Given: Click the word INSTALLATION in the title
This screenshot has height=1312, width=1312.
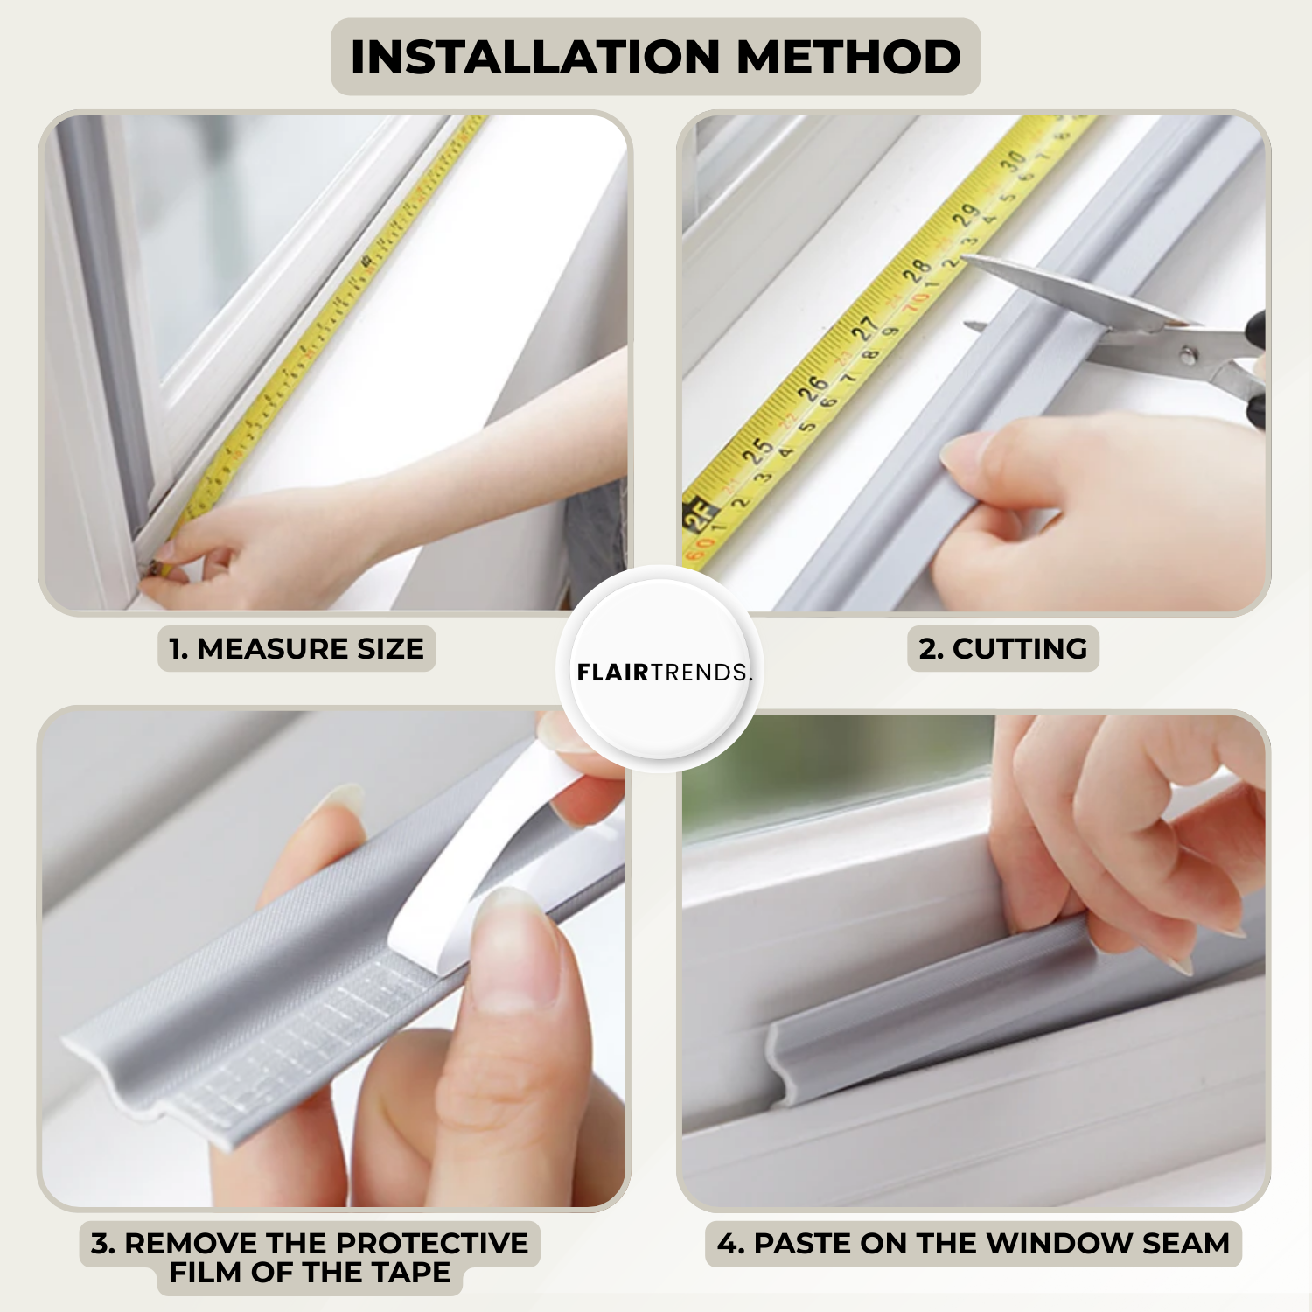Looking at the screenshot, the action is click(x=534, y=58).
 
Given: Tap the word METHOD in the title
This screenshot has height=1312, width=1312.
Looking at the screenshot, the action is click(x=848, y=58).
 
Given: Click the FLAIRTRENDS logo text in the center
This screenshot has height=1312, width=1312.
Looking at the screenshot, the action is click(x=664, y=672).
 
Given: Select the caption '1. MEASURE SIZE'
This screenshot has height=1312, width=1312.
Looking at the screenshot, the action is click(x=297, y=649).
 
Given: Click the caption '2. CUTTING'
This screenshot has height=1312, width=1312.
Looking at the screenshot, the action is click(x=1003, y=649).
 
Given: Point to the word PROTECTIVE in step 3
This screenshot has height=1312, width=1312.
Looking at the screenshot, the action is click(x=432, y=1243).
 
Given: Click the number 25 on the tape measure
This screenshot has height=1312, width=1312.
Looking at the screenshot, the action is click(x=757, y=450).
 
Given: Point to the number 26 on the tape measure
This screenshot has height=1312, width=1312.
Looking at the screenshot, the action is click(x=813, y=387).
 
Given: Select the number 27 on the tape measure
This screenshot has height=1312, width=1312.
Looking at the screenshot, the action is click(x=864, y=329).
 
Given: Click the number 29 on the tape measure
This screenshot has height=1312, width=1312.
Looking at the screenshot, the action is click(x=965, y=214).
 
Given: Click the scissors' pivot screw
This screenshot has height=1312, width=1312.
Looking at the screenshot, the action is click(x=1188, y=355).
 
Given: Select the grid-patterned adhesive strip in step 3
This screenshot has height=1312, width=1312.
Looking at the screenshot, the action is click(x=306, y=1045).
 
